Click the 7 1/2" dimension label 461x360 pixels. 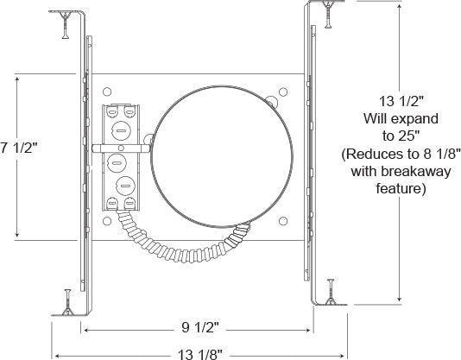(x=19, y=148)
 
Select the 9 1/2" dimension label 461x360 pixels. (x=200, y=327)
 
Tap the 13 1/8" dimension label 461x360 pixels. (x=200, y=354)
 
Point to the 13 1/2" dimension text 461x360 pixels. (x=401, y=101)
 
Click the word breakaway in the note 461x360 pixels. (x=421, y=171)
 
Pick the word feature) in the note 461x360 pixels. (x=401, y=188)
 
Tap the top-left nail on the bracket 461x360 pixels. (x=66, y=25)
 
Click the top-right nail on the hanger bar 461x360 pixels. (x=328, y=15)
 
